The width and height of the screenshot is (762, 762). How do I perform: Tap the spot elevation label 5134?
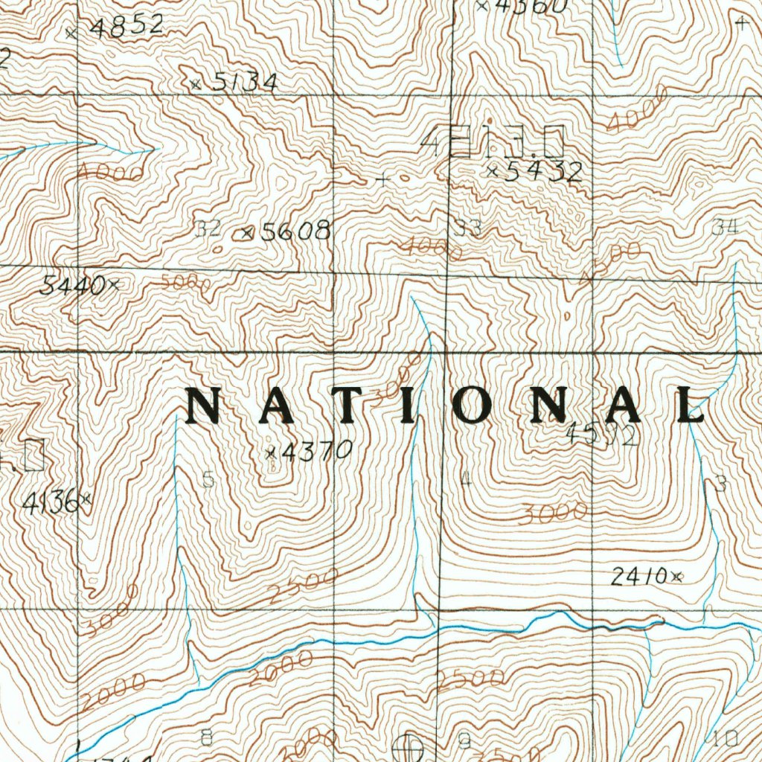pyautogui.click(x=244, y=83)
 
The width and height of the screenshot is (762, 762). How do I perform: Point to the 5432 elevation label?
pyautogui.click(x=543, y=172)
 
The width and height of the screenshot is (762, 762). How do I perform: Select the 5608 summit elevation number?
pyautogui.click(x=295, y=231)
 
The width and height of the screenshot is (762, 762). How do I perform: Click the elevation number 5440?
pyautogui.click(x=73, y=284)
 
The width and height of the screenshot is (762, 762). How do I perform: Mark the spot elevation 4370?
pyautogui.click(x=316, y=450)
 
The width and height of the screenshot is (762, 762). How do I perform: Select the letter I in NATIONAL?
pyautogui.click(x=408, y=406)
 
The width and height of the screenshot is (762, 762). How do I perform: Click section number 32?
pyautogui.click(x=208, y=229)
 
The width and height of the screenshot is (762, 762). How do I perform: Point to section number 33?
pyautogui.click(x=469, y=228)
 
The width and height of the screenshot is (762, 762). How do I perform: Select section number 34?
pyautogui.click(x=724, y=228)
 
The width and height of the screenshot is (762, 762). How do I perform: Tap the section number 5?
pyautogui.click(x=209, y=480)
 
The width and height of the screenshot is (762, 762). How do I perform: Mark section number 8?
pyautogui.click(x=207, y=737)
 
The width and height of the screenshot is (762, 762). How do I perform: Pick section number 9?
pyautogui.click(x=465, y=740)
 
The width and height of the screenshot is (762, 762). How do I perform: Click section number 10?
pyautogui.click(x=725, y=738)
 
